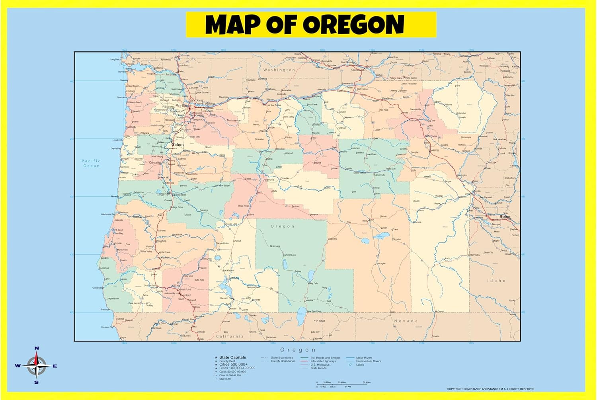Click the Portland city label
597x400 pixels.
(182, 106)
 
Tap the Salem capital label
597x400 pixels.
(178, 144)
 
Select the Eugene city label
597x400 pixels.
(162, 194)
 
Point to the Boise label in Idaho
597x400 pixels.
(504, 217)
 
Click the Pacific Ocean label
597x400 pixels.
(91, 163)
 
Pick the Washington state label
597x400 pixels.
(279, 70)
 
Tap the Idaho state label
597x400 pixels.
(496, 281)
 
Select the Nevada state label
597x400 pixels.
(406, 321)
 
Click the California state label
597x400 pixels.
(230, 336)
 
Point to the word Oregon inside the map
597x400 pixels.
(283, 226)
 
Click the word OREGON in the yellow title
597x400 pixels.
(353, 25)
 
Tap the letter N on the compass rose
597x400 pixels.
(37, 348)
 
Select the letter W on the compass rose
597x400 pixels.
(18, 366)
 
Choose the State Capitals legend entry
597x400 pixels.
(232, 357)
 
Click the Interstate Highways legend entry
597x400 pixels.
(323, 361)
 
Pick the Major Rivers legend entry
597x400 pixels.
(364, 358)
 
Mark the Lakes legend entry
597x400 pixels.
(360, 365)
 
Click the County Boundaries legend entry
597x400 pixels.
(283, 361)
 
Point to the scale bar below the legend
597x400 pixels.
(343, 383)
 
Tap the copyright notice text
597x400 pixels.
(490, 389)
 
